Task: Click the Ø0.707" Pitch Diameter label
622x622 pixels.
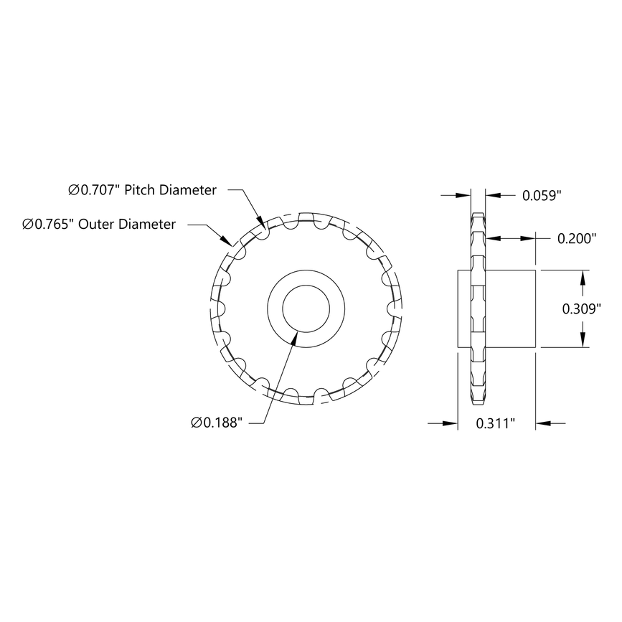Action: point(142,190)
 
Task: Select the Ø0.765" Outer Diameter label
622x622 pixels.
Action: point(99,225)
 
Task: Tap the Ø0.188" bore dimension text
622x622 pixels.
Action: point(218,423)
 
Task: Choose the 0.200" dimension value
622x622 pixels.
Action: point(577,239)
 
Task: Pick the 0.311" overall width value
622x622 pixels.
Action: point(496,423)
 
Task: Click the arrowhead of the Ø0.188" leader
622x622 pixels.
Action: point(292,336)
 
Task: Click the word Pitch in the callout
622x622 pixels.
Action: point(141,190)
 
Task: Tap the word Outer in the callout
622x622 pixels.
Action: point(95,225)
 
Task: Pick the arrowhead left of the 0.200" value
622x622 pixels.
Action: point(491,239)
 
